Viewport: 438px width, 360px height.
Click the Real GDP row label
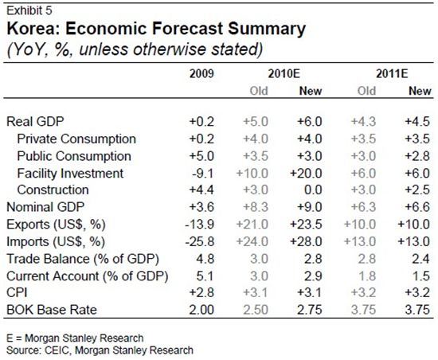35,122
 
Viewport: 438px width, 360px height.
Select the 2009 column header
201,74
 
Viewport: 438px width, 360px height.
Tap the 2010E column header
284,74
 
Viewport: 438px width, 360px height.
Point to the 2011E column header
392,74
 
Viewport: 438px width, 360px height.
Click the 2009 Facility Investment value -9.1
203,174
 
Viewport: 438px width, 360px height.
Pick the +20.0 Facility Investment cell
306,174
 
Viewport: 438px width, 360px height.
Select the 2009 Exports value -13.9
199,225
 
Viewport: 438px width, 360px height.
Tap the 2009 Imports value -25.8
199,241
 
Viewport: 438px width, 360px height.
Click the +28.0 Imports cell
306,241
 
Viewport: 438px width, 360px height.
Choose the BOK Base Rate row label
52,310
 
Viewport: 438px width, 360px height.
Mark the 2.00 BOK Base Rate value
201,310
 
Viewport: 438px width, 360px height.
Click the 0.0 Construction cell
313,190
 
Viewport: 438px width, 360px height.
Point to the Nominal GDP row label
45,207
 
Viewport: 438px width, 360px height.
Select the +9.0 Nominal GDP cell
310,207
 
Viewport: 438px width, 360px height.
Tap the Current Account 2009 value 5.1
205,276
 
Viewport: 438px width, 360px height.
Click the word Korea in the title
33,29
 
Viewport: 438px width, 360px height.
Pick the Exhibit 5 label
29,10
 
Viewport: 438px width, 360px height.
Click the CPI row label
17,292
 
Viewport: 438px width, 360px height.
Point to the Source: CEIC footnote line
100,350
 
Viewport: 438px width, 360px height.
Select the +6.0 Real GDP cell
310,122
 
